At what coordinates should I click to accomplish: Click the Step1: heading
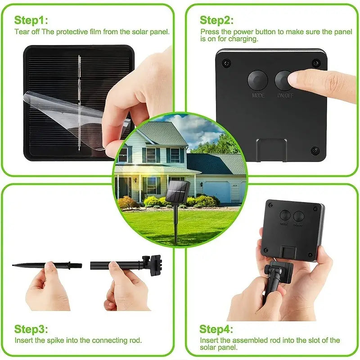pos(31,20)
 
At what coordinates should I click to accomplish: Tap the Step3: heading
pos(31,329)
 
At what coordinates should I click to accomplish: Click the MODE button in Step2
pos(257,80)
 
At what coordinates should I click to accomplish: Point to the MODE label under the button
pos(258,96)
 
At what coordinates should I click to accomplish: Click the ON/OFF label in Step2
pos(284,96)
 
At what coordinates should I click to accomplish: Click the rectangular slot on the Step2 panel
pos(271,150)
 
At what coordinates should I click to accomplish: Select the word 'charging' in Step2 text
pos(246,39)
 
